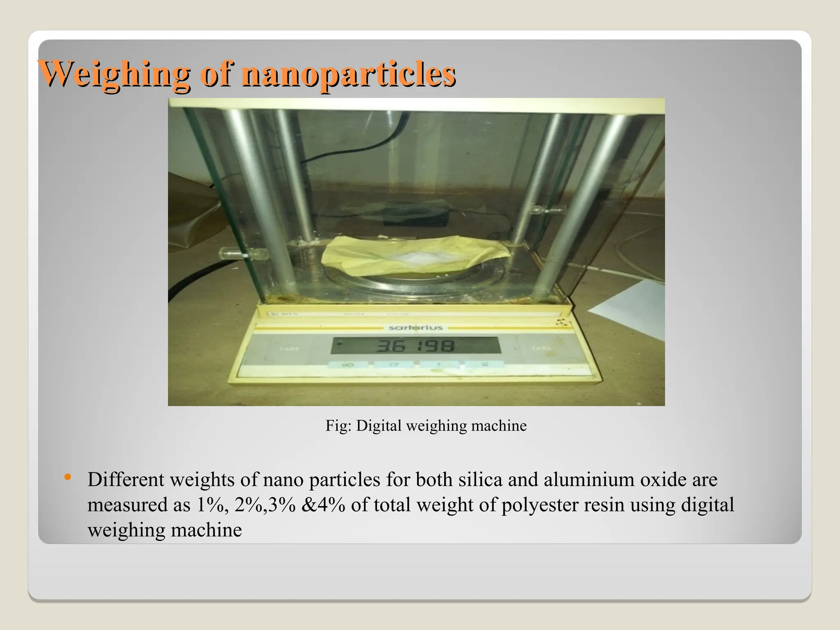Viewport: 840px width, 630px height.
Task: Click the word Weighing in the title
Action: click(x=114, y=74)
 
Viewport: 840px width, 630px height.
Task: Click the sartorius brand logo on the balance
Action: click(x=415, y=328)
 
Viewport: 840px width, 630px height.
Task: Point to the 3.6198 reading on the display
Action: click(x=415, y=347)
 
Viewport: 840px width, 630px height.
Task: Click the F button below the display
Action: click(x=439, y=364)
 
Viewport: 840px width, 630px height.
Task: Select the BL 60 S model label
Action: click(x=285, y=314)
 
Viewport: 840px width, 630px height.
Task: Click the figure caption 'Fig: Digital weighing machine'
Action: click(x=426, y=426)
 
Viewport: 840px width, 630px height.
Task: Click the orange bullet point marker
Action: click(x=68, y=477)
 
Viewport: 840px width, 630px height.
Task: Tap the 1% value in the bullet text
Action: click(x=211, y=505)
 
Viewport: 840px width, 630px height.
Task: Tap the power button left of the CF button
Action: click(x=348, y=364)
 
